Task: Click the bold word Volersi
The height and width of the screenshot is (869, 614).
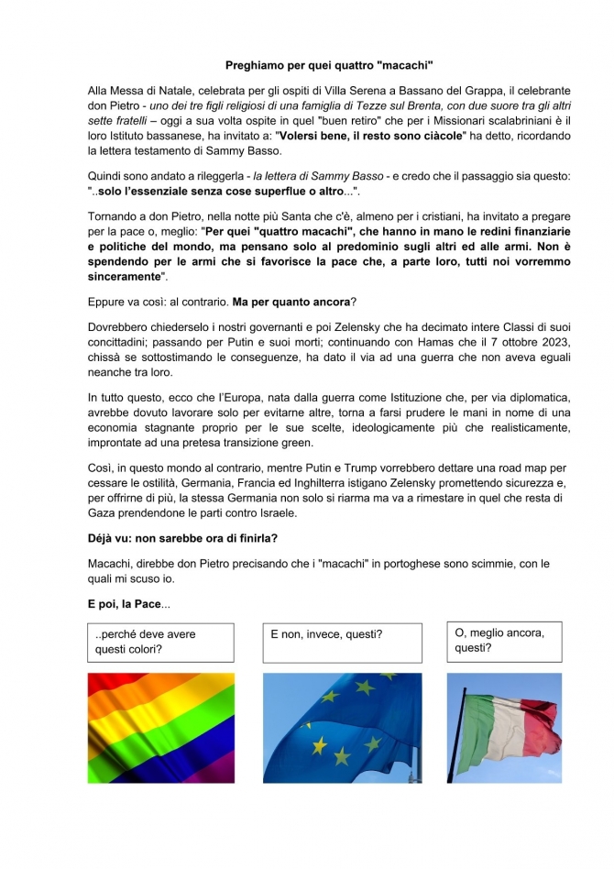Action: (375, 136)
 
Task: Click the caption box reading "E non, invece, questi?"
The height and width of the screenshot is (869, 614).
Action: (342, 642)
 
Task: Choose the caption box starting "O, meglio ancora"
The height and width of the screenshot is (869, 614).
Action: (504, 641)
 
